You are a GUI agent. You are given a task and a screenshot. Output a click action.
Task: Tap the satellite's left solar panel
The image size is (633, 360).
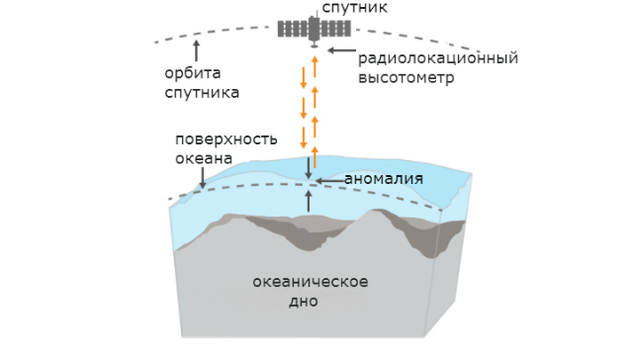[293, 28]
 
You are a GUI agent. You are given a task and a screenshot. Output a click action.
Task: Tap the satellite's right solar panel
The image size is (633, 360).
[335, 28]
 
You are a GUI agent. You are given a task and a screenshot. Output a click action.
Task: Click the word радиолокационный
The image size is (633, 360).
[438, 57]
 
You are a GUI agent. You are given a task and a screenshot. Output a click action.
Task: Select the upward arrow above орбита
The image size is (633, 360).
[196, 48]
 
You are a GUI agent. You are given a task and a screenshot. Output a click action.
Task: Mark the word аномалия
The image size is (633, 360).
[384, 179]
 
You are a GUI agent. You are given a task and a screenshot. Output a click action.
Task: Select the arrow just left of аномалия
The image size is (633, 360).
[330, 180]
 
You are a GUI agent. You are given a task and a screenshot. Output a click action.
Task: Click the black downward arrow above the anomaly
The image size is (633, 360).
[309, 168]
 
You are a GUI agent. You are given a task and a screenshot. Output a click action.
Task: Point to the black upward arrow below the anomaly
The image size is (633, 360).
[309, 201]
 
